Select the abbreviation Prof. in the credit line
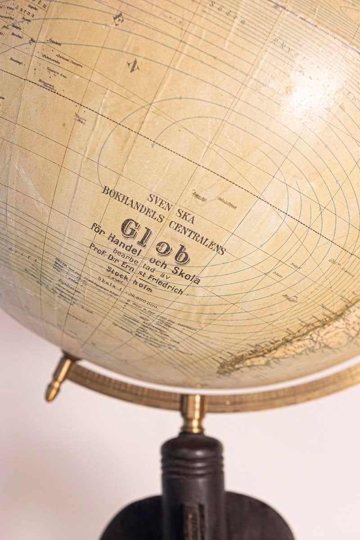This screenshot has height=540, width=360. click(x=97, y=249)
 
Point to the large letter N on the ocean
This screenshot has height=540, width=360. click(x=133, y=66)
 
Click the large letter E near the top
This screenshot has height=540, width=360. click(x=118, y=18)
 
